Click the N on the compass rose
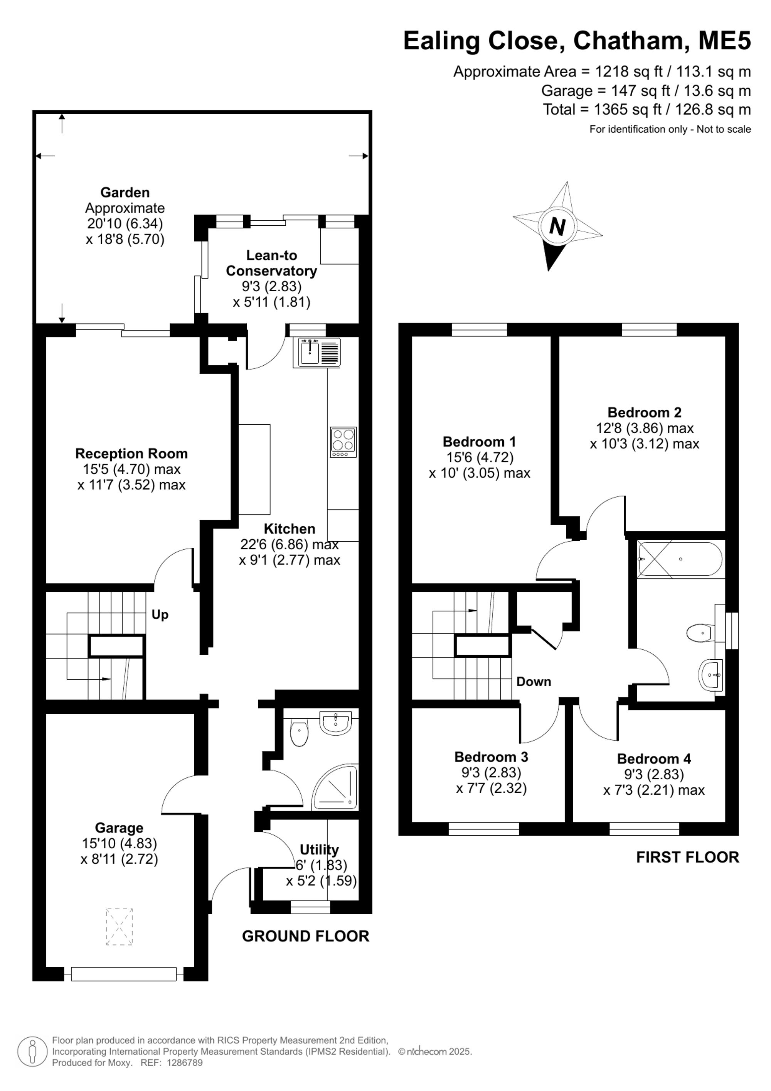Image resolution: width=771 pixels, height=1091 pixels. click(557, 227)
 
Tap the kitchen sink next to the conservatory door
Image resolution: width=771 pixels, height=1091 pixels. click(320, 352)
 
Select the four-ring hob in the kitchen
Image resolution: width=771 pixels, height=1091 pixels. click(343, 442)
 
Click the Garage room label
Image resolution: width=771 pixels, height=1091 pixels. click(119, 828)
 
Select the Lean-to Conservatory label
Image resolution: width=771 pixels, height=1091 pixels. click(271, 263)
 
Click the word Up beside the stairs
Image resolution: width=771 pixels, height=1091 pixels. click(160, 615)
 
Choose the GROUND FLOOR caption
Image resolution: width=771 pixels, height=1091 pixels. click(306, 936)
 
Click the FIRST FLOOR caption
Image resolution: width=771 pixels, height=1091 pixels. click(687, 857)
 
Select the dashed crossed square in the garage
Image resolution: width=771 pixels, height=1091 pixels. click(119, 927)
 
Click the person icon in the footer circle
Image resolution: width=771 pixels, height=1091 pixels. click(33, 1051)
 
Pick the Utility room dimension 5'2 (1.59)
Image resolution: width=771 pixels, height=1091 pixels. click(322, 880)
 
